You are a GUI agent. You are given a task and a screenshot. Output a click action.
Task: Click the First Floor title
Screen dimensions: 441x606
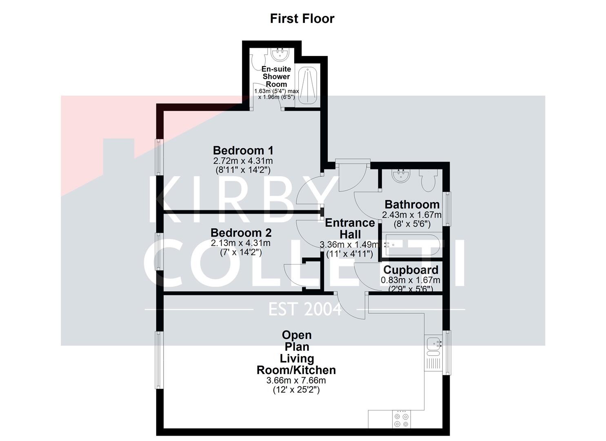pyautogui.click(x=302, y=19)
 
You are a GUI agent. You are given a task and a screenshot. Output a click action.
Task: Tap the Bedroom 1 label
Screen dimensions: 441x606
pyautogui.click(x=243, y=151)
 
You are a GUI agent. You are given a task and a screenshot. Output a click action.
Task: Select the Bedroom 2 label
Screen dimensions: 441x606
pyautogui.click(x=241, y=233)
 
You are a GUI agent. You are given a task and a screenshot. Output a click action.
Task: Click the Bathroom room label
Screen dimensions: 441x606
pyautogui.click(x=412, y=205)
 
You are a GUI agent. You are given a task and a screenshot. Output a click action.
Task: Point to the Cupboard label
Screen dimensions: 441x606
pyautogui.click(x=411, y=270)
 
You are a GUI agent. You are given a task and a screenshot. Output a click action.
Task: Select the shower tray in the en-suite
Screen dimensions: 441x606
pyautogui.click(x=308, y=85)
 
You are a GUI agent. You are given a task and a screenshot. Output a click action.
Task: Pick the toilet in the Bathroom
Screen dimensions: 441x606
pyautogui.click(x=428, y=180)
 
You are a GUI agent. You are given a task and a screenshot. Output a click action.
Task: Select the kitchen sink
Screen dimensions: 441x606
pyautogui.click(x=433, y=345)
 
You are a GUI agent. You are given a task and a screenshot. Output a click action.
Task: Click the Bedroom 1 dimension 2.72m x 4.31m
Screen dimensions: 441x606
pyautogui.click(x=243, y=161)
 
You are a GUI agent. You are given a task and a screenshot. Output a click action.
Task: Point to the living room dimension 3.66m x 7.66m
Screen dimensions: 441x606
pyautogui.click(x=296, y=381)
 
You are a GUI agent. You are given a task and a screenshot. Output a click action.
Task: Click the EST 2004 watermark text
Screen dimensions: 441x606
pyautogui.click(x=305, y=309)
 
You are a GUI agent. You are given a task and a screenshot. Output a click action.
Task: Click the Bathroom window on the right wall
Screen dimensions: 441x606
pyautogui.click(x=448, y=208)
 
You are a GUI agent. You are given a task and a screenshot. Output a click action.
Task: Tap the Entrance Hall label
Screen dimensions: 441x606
pyautogui.click(x=350, y=229)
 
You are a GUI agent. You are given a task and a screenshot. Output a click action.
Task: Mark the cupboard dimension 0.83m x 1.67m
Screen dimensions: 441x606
pyautogui.click(x=411, y=280)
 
